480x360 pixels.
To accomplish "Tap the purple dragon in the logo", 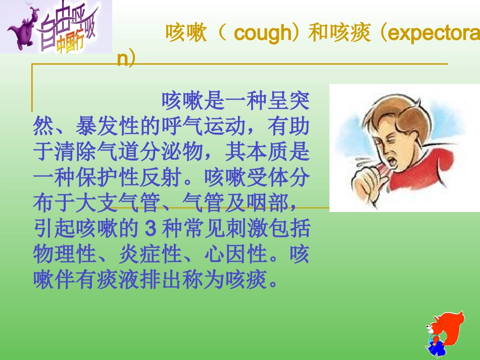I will [x=23, y=31].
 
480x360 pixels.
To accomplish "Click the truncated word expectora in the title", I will [x=434, y=34].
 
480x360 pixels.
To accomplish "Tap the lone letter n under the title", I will [x=122, y=59].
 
